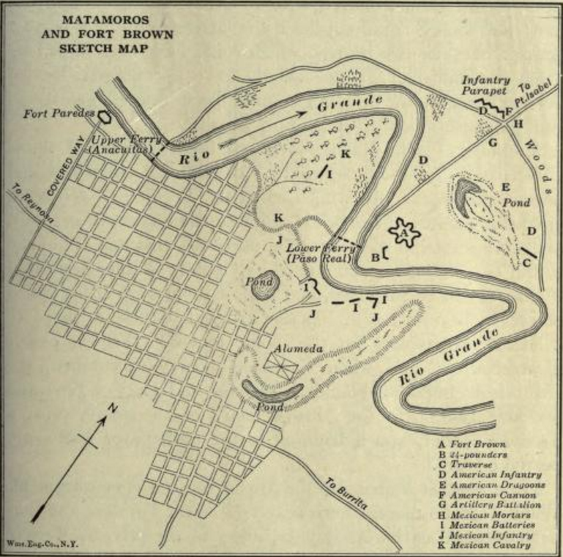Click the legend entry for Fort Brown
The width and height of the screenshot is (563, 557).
(x=469, y=444)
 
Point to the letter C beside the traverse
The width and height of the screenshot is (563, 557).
(x=527, y=261)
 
